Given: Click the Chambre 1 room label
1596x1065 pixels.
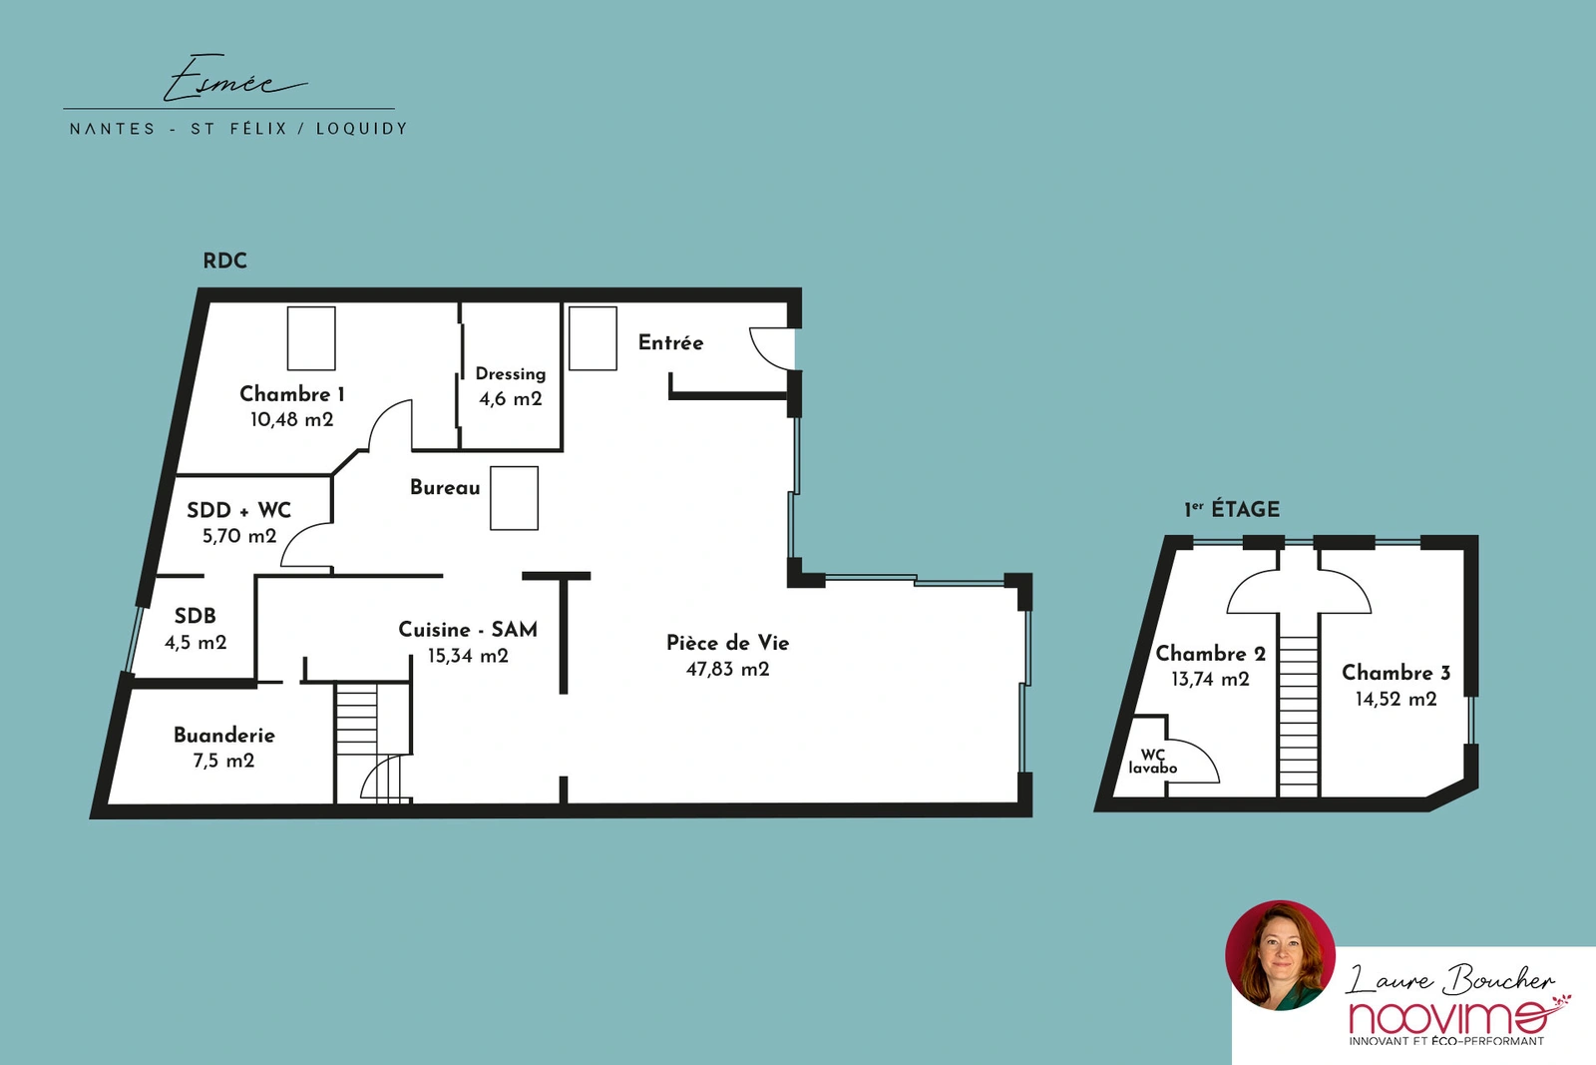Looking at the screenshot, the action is point(292,394).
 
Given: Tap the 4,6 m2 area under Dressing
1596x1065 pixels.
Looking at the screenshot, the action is point(510,398).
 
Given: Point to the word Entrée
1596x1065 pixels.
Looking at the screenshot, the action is point(670,343).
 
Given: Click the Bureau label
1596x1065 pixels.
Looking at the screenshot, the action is point(445,488).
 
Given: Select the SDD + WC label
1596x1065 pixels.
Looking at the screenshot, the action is point(238,510).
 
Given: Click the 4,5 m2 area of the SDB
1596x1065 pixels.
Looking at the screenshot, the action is point(196,642).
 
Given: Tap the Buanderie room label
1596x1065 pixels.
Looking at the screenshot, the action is point(223,735).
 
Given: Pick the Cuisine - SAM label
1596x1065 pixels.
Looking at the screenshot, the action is point(468,630).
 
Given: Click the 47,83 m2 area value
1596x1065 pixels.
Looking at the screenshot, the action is point(727,669).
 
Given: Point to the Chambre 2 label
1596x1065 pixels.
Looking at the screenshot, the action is point(1211,654).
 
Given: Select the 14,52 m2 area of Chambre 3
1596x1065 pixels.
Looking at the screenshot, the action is point(1396,699).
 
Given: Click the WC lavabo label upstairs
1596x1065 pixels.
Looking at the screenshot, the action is point(1153,762).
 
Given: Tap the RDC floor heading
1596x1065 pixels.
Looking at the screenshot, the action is point(225,261).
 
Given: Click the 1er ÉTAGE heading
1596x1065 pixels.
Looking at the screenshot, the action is point(1232,509).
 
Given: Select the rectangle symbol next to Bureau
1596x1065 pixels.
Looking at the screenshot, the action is point(514,498).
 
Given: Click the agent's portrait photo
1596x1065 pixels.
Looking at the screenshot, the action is point(1281,955).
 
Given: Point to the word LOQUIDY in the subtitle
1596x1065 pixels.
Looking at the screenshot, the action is point(361,129).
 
